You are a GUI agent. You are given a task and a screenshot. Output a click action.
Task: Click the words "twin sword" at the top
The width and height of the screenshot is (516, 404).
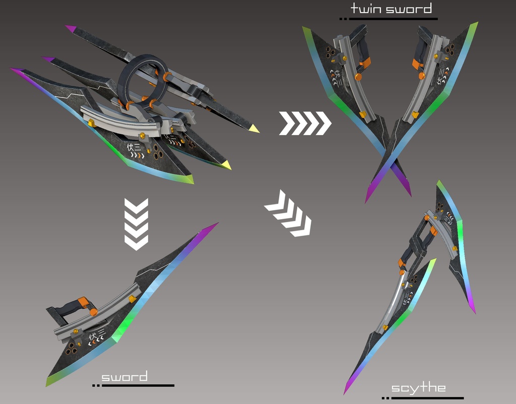[391, 9]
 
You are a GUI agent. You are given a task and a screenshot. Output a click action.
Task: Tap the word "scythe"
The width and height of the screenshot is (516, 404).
[418, 387]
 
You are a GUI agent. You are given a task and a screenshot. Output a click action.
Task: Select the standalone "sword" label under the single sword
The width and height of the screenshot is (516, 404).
[124, 377]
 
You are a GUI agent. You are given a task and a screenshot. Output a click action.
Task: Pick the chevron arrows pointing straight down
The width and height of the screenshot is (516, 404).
[136, 224]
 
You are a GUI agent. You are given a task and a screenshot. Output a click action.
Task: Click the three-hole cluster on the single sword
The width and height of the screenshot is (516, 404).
[72, 347]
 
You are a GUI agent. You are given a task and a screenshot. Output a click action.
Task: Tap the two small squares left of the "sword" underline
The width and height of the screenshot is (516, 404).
[96, 385]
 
